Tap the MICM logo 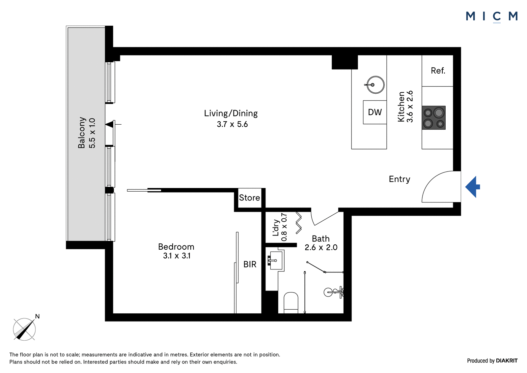tap(492, 17)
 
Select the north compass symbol tap(24, 329)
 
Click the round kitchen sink tap(375, 85)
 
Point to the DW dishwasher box tap(375, 112)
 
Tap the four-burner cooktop tap(433, 118)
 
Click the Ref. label tap(438, 71)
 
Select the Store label tap(249, 198)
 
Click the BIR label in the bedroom tap(250, 264)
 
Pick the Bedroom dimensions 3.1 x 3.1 tap(177, 256)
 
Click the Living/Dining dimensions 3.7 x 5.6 tap(232, 124)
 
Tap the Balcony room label tap(81, 133)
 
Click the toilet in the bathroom tap(291, 303)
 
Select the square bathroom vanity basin tap(276, 260)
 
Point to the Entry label tap(400, 179)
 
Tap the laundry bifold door tap(298, 223)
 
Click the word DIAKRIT tap(507, 360)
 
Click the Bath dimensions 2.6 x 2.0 tap(321, 247)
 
